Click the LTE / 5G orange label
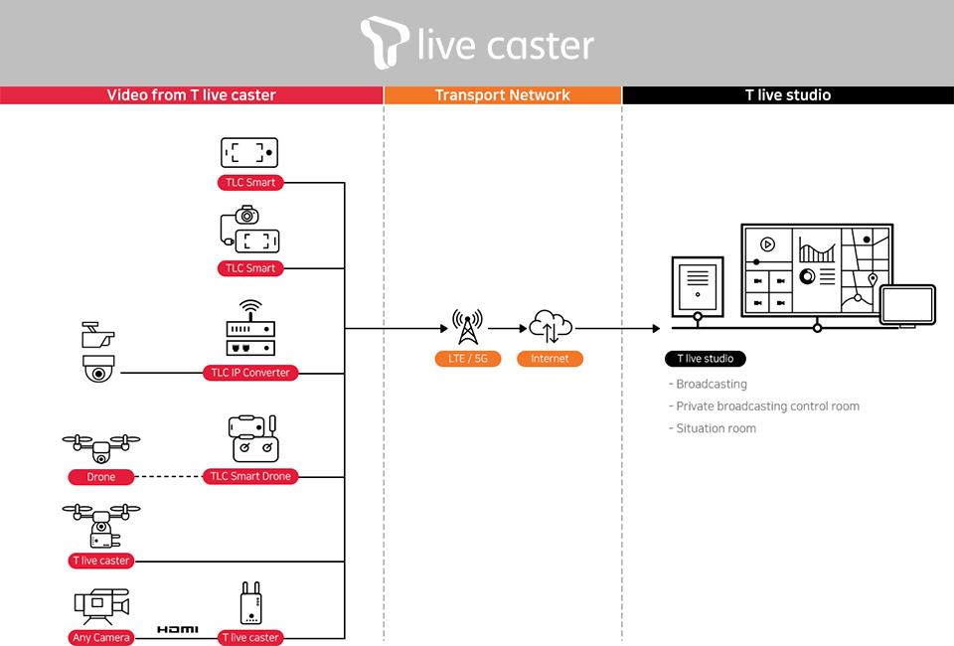[x=467, y=359]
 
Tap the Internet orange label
[x=550, y=359]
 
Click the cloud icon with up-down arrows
[x=551, y=325]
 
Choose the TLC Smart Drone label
[x=250, y=477]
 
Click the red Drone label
[x=101, y=477]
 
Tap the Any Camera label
[x=101, y=637]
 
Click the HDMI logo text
[x=178, y=630]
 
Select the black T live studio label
[x=706, y=359]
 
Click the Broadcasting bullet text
[x=711, y=384]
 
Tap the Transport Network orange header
[x=503, y=95]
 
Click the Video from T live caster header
[x=192, y=95]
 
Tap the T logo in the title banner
[x=385, y=43]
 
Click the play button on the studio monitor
[x=767, y=243]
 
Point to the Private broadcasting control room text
[x=767, y=406]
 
